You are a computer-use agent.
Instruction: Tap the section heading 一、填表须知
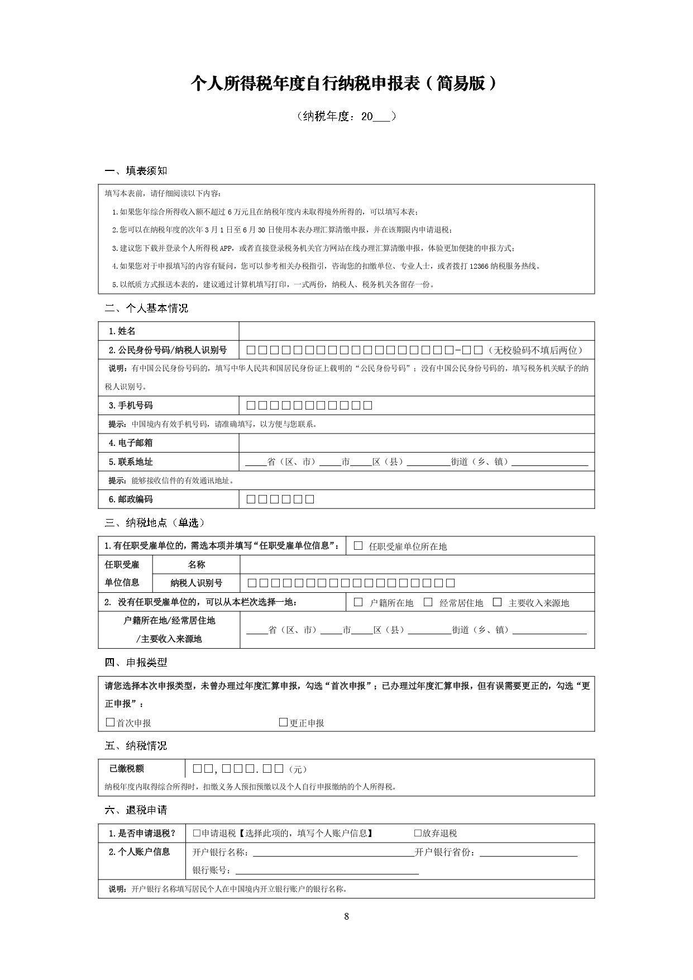coord(136,170)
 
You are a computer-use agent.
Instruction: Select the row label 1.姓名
coord(122,331)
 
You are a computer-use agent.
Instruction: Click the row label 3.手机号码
coord(131,406)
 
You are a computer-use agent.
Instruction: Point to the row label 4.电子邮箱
coord(131,443)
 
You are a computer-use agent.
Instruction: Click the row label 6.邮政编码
coord(131,499)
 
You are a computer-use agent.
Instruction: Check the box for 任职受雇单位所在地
coord(359,546)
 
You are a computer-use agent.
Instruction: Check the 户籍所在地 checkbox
coord(359,602)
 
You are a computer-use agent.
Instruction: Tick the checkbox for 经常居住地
coord(428,602)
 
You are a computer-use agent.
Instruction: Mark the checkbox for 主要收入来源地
coord(497,602)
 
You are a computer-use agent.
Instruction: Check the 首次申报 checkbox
coord(110,722)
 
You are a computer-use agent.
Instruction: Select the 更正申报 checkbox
coord(283,722)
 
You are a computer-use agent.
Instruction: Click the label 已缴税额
coord(127,769)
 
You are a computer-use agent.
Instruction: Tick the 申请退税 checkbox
coord(197,833)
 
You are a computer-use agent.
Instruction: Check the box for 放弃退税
coord(418,833)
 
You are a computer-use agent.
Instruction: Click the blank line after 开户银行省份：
coord(528,852)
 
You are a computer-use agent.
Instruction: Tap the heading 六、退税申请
coord(136,810)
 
